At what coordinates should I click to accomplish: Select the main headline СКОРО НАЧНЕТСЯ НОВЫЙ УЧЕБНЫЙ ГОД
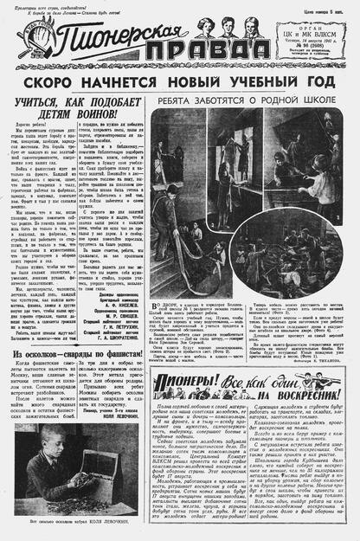tap(179, 83)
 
